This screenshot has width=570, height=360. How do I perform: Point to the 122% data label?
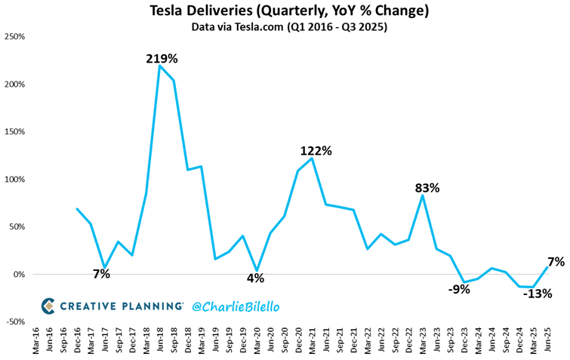(316, 151)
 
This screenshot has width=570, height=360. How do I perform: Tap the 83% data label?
(427, 187)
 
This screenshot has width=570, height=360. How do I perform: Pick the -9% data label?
(458, 288)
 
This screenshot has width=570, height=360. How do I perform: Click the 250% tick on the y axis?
(17, 36)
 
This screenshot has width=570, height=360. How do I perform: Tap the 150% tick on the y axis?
(17, 131)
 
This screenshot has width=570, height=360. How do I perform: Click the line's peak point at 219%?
(159, 66)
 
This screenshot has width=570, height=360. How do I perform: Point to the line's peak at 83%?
(423, 195)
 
